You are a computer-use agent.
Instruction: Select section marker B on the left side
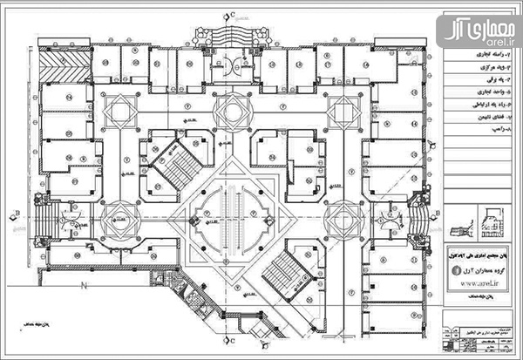click(x=15, y=212)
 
